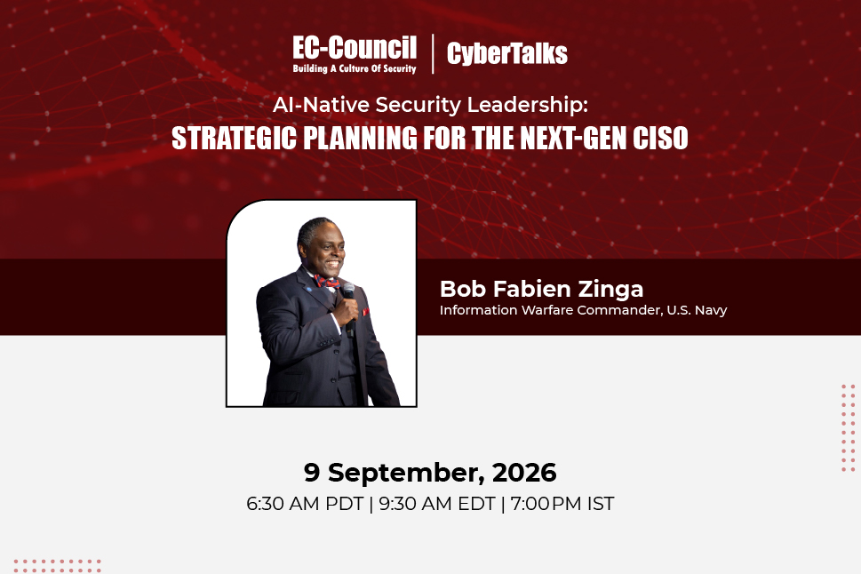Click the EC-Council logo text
pos(355,48)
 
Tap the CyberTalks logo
pos(506,53)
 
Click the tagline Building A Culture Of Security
pos(355,68)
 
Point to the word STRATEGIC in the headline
pos(235,138)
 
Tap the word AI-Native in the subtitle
pos(322,104)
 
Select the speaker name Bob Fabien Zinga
pos(541,289)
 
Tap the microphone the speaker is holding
pos(349,305)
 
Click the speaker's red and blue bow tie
pos(326,283)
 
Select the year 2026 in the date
pos(524,473)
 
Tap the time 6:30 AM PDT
pos(305,504)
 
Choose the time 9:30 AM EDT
pos(437,504)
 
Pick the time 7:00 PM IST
pos(562,504)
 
